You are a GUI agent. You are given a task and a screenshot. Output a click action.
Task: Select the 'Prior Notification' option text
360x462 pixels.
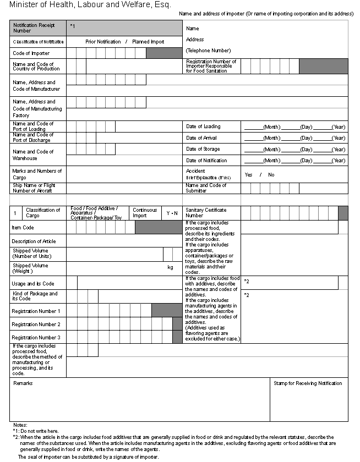pyautogui.click(x=103, y=42)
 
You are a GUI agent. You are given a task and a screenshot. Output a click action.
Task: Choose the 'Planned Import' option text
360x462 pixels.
pyautogui.click(x=148, y=42)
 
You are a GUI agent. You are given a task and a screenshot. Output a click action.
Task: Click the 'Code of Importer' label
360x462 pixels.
pyautogui.click(x=31, y=53)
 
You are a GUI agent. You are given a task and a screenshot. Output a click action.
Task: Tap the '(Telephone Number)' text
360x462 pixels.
pyautogui.click(x=208, y=51)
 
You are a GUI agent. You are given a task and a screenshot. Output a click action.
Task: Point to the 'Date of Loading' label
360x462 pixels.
pyautogui.click(x=203, y=127)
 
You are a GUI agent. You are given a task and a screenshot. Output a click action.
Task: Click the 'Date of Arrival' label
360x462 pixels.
pyautogui.click(x=202, y=138)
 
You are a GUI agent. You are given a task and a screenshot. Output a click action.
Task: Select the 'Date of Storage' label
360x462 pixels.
pyautogui.click(x=203, y=149)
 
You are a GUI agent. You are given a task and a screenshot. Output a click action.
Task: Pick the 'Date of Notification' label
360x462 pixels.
pyautogui.click(x=206, y=161)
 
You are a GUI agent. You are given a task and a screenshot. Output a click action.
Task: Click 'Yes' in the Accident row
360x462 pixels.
pyautogui.click(x=248, y=175)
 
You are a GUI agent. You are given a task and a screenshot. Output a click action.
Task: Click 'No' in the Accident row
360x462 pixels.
pyautogui.click(x=271, y=175)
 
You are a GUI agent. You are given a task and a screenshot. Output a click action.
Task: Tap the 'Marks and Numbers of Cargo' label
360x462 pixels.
pyautogui.click(x=37, y=174)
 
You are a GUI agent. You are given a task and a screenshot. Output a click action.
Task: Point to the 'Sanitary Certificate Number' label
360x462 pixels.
pyautogui.click(x=206, y=212)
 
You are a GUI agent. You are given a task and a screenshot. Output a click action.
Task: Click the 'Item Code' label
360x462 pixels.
pyautogui.click(x=23, y=227)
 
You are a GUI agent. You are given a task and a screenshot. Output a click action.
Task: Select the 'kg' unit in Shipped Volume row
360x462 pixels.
pyautogui.click(x=170, y=267)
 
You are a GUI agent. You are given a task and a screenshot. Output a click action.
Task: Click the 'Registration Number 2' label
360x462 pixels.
pyautogui.click(x=36, y=324)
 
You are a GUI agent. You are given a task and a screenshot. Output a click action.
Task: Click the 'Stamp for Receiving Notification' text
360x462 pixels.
pyautogui.click(x=308, y=383)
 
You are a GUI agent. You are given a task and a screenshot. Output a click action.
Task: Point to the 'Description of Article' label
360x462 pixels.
pyautogui.click(x=34, y=241)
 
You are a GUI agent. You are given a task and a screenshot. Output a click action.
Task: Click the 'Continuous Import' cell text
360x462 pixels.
pyautogui.click(x=144, y=212)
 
